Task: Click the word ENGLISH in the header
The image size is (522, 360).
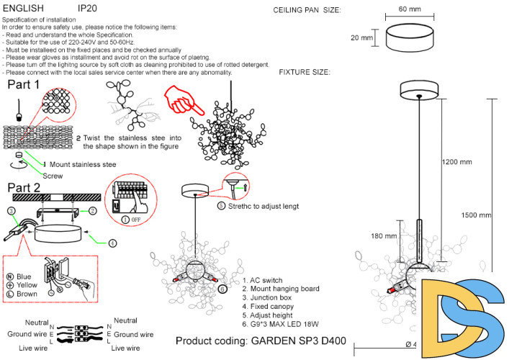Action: click(x=24, y=8)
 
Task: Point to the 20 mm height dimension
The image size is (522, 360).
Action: click(x=362, y=37)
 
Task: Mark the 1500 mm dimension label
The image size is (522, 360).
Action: click(x=477, y=215)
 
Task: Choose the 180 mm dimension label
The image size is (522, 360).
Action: click(x=384, y=235)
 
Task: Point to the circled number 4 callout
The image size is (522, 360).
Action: click(x=112, y=243)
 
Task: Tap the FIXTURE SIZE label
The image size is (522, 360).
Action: click(x=305, y=73)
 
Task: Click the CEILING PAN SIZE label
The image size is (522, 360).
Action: click(x=307, y=10)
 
